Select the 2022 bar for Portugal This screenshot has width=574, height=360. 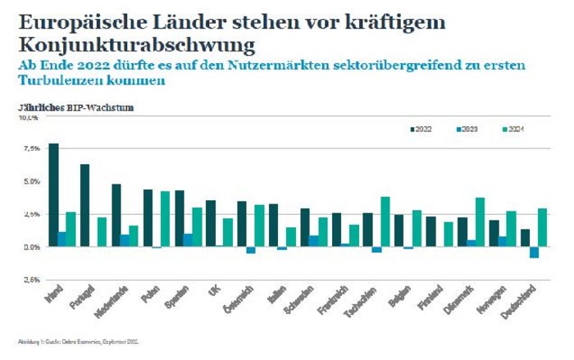pyautogui.click(x=85, y=205)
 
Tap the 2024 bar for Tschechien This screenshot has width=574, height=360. pyautogui.click(x=385, y=221)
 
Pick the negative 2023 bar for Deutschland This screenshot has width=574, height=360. pyautogui.click(x=534, y=252)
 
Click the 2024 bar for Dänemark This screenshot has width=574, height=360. pyautogui.click(x=480, y=221)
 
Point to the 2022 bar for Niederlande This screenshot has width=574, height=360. pyautogui.click(x=116, y=215)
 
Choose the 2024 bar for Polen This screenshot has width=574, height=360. pyautogui.click(x=165, y=219)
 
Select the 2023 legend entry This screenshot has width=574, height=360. pyautogui.click(x=470, y=128)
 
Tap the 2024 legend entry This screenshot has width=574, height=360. pyautogui.click(x=514, y=128)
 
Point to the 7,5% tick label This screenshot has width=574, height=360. pyautogui.click(x=30, y=148)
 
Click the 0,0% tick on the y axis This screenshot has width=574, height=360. pyautogui.click(x=30, y=246)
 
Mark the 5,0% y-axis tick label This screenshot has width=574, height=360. pyautogui.click(x=30, y=181)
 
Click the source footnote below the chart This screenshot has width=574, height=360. pyautogui.click(x=79, y=339)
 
